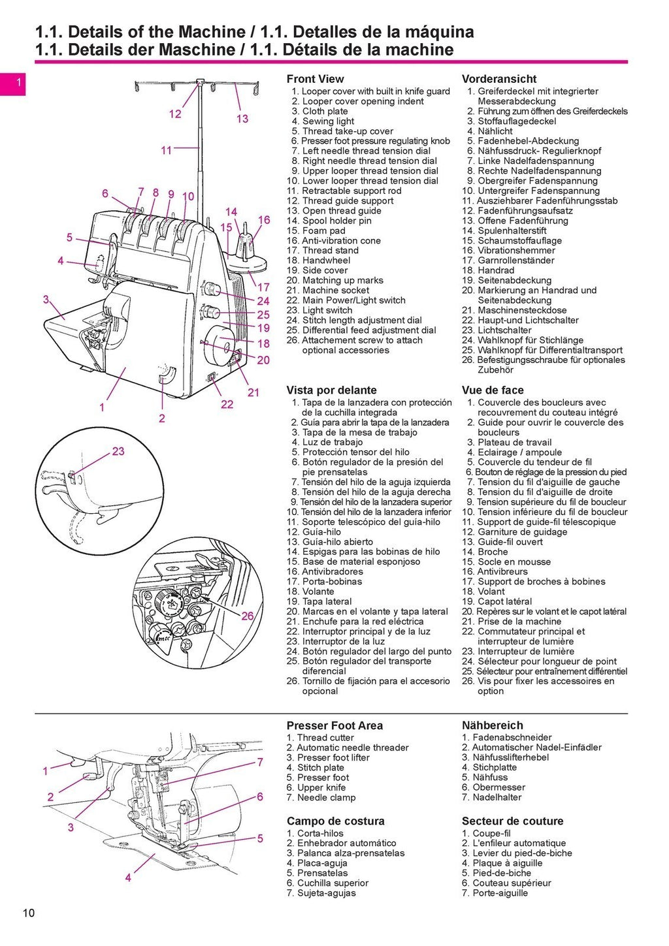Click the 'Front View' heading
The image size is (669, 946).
tap(315, 79)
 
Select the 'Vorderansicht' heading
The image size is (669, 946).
tap(499, 79)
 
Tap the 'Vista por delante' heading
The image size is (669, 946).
tap(331, 390)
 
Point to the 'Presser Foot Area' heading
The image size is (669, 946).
tap(334, 725)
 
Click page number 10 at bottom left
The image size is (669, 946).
tap(28, 913)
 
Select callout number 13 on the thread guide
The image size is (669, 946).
tap(242, 119)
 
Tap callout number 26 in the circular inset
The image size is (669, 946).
tap(248, 616)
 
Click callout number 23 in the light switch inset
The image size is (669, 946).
tap(118, 451)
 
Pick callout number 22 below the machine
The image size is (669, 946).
tap(227, 404)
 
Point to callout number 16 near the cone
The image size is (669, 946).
tap(264, 220)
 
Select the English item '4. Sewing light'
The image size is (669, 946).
tap(323, 121)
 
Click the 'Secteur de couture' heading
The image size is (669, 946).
tap(512, 821)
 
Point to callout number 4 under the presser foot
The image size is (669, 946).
tap(128, 877)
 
